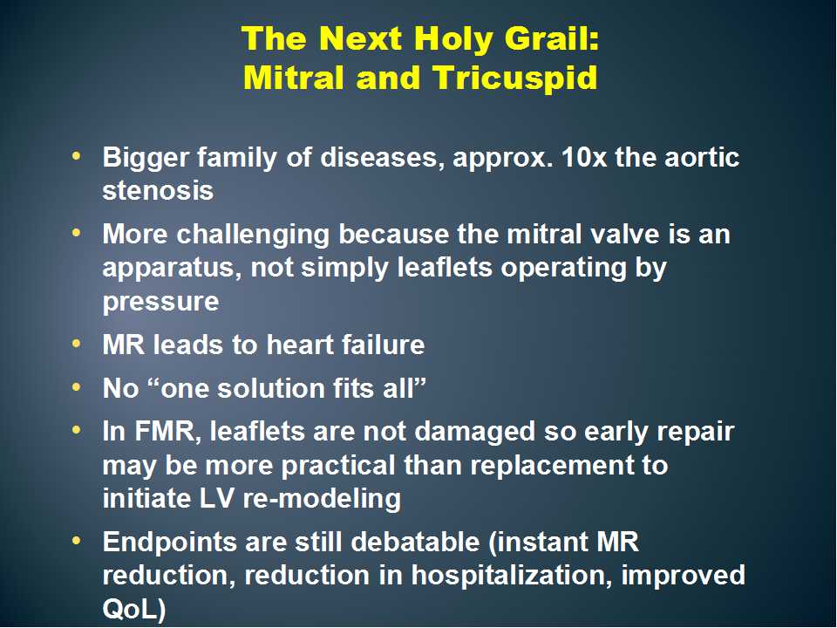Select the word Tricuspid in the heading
point(515,78)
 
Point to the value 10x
point(584,158)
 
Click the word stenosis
point(158,191)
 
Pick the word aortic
point(702,158)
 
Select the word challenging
point(253,235)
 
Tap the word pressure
point(160,303)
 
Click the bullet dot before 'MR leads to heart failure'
point(77,344)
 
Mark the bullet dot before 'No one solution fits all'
point(77,386)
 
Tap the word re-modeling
point(322,499)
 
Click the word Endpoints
point(169,543)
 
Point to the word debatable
point(415,542)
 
